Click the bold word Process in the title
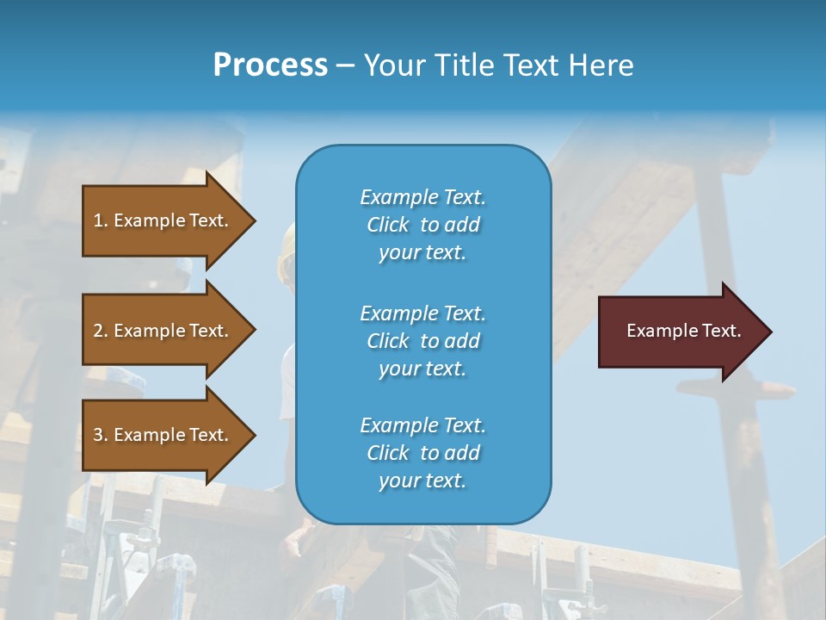pos(270,65)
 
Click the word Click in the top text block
pos(388,225)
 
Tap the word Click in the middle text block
pos(388,341)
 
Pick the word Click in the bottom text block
pos(388,453)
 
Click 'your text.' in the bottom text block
pos(422,480)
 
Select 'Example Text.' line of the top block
pos(422,197)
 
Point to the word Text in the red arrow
pos(721,331)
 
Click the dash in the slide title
pos(345,66)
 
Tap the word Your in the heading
pos(392,65)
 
